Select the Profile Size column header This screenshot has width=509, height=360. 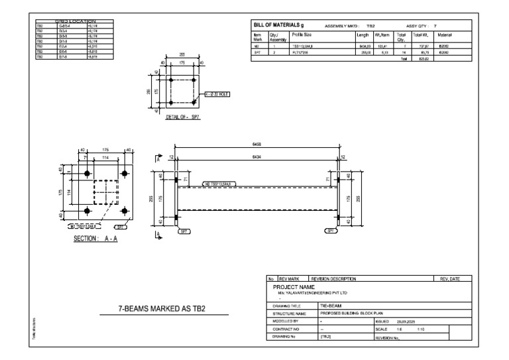pyautogui.click(x=304, y=34)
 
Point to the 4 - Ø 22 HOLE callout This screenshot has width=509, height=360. pyautogui.click(x=217, y=95)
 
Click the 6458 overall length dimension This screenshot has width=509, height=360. pyautogui.click(x=257, y=144)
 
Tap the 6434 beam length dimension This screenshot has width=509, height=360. pyautogui.click(x=257, y=157)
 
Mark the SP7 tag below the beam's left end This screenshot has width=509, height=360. pyautogui.click(x=182, y=231)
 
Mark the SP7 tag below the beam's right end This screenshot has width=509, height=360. pyautogui.click(x=330, y=231)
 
